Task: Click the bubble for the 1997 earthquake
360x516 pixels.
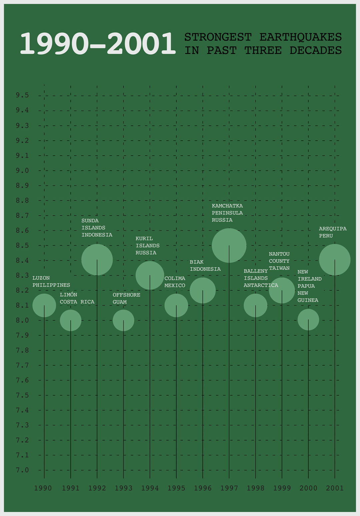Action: coord(229,245)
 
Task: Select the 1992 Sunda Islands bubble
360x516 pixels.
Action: coord(97,260)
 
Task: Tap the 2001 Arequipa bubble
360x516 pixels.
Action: coord(335,260)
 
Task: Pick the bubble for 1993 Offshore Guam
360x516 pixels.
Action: coord(123,320)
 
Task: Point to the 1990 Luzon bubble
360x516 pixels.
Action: coord(44,305)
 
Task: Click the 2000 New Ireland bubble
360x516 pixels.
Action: coord(308,320)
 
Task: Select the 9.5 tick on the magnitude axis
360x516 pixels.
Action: coord(22,96)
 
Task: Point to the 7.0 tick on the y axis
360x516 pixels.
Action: coord(22,470)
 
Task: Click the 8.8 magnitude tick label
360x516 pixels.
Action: coord(22,201)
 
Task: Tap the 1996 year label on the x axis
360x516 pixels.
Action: coord(203,488)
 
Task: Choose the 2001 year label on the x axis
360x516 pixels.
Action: coord(335,488)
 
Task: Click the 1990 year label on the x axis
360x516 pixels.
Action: coord(43,488)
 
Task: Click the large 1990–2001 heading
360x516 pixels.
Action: coord(97,44)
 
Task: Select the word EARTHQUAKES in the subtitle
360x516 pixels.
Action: coord(300,37)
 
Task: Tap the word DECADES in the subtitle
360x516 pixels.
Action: coord(315,50)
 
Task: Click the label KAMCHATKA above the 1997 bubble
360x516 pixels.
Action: coord(227,206)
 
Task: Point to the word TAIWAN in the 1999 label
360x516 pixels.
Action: coord(279,268)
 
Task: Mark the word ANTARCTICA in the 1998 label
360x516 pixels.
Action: coord(261,285)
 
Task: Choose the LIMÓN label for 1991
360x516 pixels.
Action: coord(68,295)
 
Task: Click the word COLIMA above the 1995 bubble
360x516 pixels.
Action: coord(175,278)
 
